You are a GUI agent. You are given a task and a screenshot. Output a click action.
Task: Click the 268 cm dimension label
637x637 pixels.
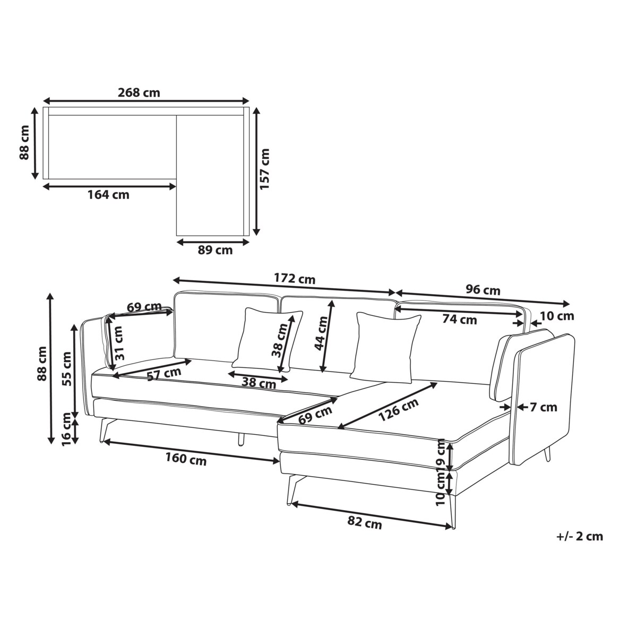pyautogui.click(x=139, y=92)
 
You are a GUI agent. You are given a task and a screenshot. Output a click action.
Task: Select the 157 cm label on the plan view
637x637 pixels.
pyautogui.click(x=265, y=169)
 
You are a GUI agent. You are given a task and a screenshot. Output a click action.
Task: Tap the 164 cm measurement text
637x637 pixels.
pyautogui.click(x=108, y=195)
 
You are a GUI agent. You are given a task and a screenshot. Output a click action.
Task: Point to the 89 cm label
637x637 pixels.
pyautogui.click(x=215, y=250)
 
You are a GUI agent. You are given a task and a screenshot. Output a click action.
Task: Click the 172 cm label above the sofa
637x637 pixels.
pyautogui.click(x=295, y=279)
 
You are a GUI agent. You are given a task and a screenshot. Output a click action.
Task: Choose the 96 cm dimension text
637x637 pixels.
pyautogui.click(x=483, y=290)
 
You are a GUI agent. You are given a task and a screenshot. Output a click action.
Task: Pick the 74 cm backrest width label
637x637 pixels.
pyautogui.click(x=460, y=320)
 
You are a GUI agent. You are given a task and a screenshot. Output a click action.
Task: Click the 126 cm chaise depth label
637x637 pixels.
pyautogui.click(x=398, y=410)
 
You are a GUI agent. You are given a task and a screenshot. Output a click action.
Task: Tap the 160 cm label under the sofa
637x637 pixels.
pyautogui.click(x=186, y=459)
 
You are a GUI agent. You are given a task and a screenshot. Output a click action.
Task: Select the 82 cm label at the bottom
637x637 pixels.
pyautogui.click(x=365, y=523)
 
